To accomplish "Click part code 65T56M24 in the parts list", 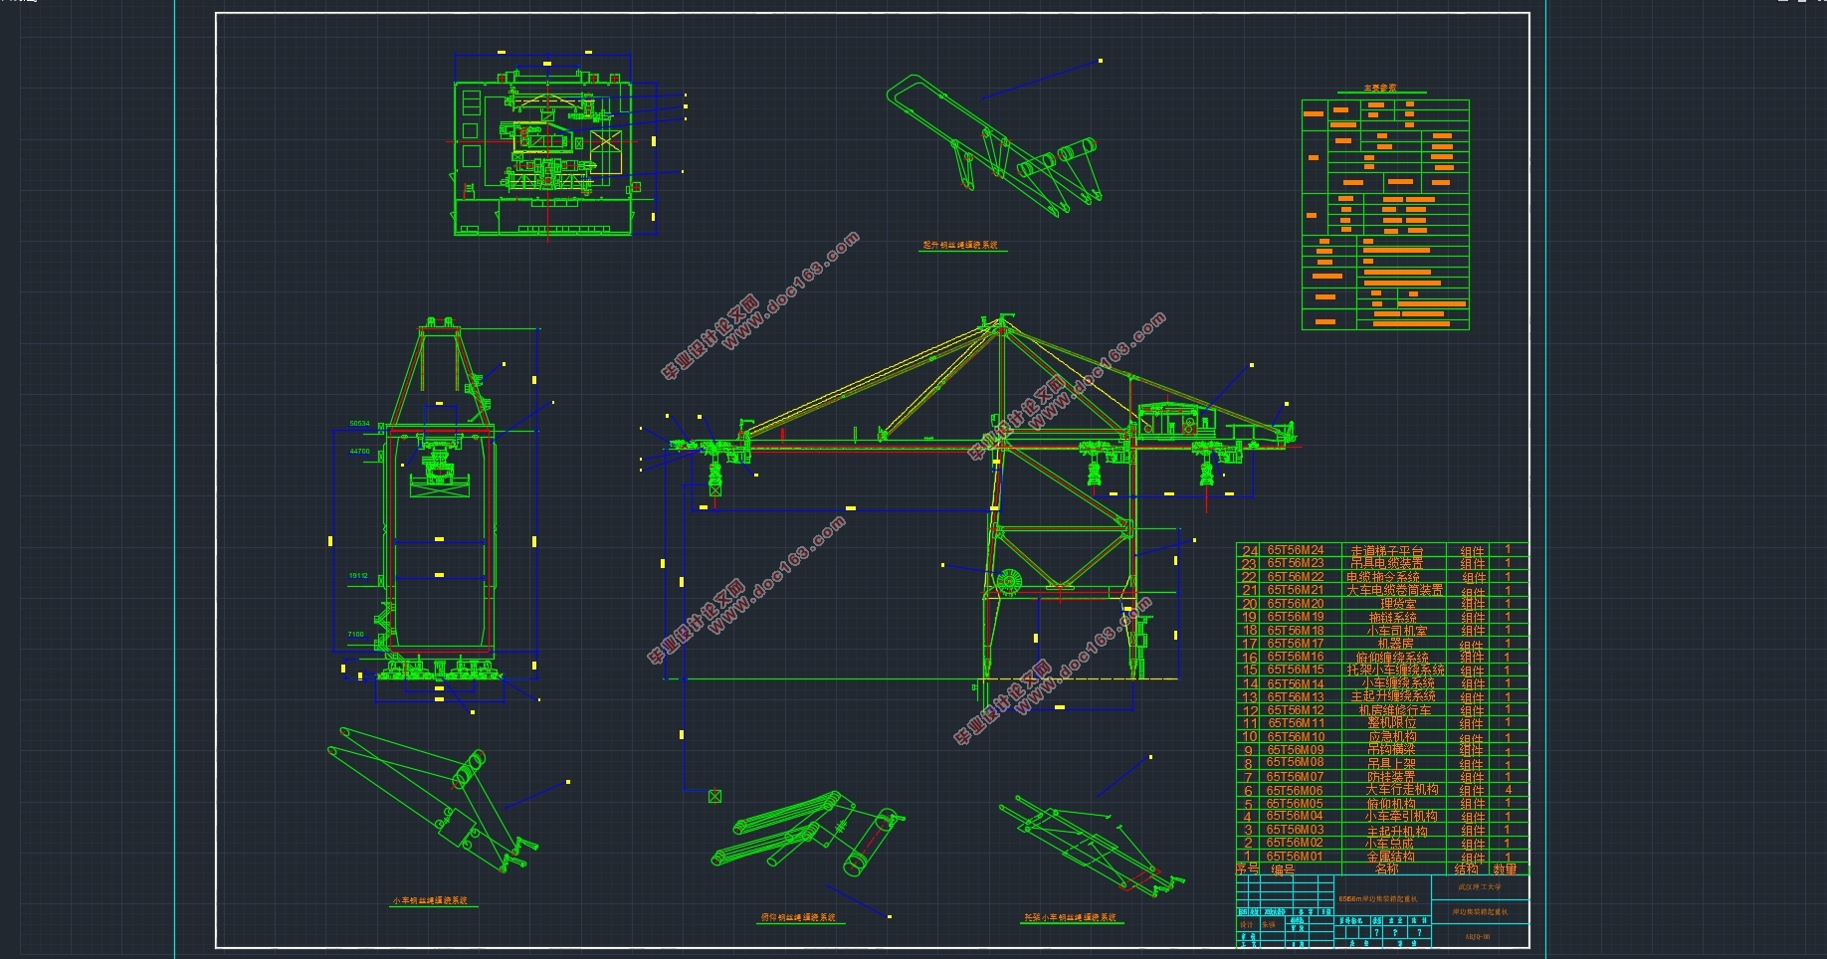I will (x=1295, y=550).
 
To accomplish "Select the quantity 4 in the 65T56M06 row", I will (x=1509, y=790).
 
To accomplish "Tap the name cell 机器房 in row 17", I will (x=1395, y=644).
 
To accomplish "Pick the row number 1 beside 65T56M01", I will (x=1248, y=856).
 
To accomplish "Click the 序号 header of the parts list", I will (x=1247, y=868).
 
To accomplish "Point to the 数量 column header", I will (x=1505, y=869).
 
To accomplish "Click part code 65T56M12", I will (x=1295, y=710).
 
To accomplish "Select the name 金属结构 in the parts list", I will (x=1390, y=857).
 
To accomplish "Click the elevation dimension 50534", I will (x=359, y=424).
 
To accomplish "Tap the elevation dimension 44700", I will (x=359, y=452).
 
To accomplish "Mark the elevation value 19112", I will (x=358, y=576).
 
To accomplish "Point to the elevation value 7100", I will (x=355, y=635).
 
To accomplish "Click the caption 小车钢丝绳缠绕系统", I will (x=429, y=901).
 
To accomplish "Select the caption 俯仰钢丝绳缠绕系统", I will (x=798, y=917).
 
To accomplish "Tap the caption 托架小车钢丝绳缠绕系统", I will (x=1070, y=917).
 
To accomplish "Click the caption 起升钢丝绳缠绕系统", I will (x=959, y=245).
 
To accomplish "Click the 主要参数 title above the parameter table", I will (x=1379, y=89).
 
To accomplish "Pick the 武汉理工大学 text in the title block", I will (x=1479, y=887).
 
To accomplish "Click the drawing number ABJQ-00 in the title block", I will (x=1478, y=937).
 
